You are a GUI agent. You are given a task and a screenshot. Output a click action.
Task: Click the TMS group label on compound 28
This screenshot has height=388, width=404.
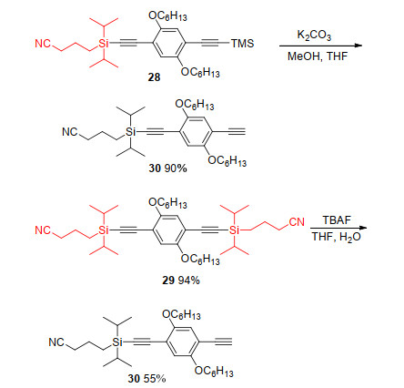click(243, 44)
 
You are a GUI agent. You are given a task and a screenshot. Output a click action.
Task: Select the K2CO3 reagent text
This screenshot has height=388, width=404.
click(314, 35)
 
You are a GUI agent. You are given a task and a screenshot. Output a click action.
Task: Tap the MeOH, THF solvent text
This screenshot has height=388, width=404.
click(318, 56)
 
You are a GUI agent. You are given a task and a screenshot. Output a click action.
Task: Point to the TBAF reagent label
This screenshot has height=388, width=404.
click(337, 220)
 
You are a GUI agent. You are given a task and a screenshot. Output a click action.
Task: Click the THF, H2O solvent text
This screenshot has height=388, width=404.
click(337, 237)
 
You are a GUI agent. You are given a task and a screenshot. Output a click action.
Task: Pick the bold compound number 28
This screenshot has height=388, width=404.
click(154, 77)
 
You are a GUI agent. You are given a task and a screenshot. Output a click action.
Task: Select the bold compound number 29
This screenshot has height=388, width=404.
click(168, 280)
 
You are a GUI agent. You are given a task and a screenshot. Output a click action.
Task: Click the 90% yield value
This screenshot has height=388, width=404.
click(176, 168)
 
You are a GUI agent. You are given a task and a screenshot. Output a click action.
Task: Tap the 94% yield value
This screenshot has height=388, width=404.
click(189, 280)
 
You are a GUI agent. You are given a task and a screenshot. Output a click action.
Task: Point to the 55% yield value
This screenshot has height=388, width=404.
click(155, 378)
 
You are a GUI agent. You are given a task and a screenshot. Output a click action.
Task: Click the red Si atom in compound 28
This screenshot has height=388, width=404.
click(104, 44)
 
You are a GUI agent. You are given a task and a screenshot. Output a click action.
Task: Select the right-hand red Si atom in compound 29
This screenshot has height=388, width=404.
click(234, 230)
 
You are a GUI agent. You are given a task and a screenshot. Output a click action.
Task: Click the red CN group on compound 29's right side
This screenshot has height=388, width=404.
click(297, 222)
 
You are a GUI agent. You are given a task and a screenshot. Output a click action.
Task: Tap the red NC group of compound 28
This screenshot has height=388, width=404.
click(43, 44)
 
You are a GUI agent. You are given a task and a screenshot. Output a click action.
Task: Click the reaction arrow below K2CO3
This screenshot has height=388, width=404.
click(320, 46)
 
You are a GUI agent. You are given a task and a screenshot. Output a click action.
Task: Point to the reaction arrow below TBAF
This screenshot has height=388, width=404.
click(338, 228)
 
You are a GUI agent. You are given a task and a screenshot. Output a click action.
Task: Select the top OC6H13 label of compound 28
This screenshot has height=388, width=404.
click(167, 15)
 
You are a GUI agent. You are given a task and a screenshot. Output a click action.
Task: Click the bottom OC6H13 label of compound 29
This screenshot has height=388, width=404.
click(200, 259)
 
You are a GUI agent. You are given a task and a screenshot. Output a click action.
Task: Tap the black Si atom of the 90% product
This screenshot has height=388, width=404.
click(130, 132)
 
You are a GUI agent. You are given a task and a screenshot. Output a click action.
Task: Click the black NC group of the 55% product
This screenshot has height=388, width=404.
click(56, 342)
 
